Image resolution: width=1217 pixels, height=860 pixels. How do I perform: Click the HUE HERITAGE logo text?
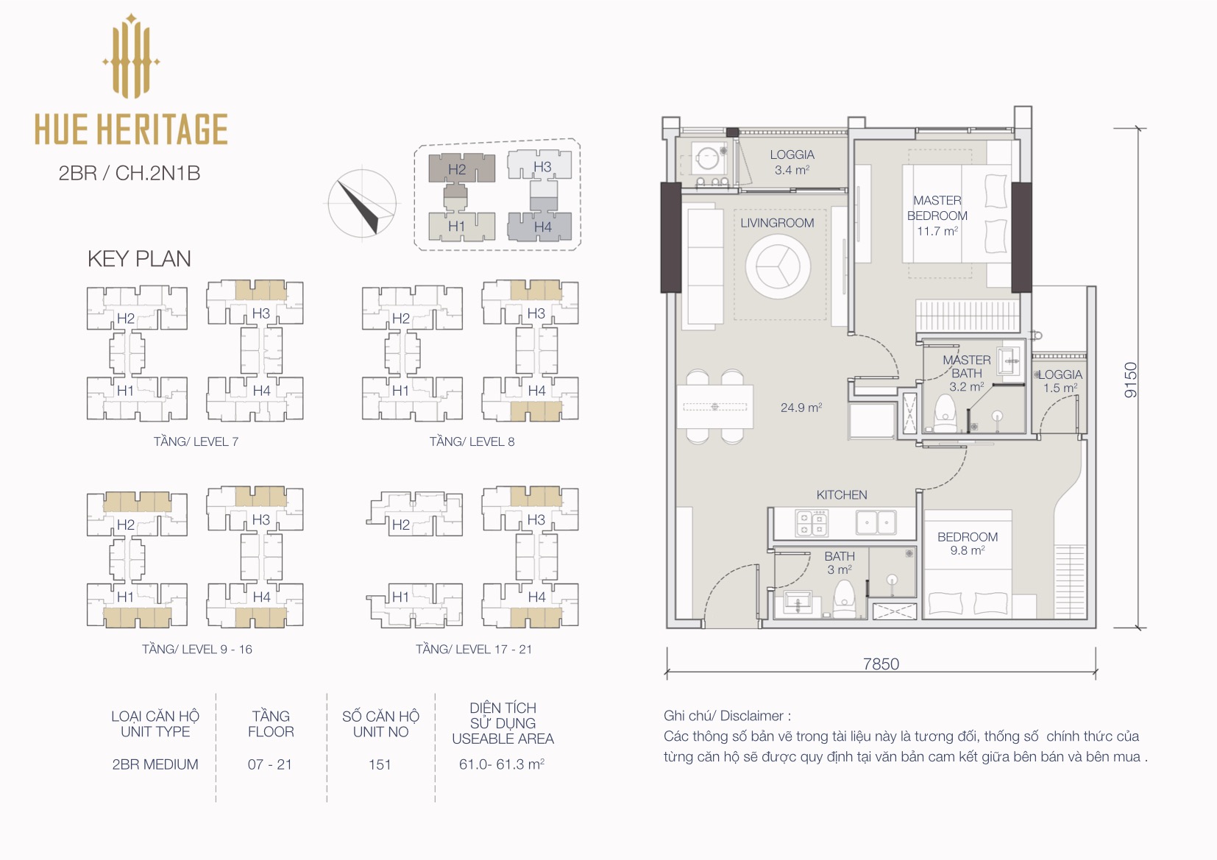tap(131, 129)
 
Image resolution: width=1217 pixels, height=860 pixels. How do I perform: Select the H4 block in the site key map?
tap(539, 227)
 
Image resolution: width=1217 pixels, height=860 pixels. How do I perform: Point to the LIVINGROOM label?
tap(777, 223)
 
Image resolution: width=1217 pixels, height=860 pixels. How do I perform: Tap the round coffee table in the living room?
tap(778, 267)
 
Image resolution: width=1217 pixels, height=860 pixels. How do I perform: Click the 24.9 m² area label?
tap(801, 408)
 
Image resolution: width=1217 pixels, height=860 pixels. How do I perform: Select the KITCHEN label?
tap(842, 495)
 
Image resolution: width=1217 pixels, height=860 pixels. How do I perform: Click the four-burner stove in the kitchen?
tap(812, 522)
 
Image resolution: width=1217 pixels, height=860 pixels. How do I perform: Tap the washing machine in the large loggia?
tap(706, 159)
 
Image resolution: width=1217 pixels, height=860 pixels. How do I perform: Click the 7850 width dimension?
tap(881, 664)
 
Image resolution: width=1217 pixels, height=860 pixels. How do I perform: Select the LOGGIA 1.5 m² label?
tap(1060, 381)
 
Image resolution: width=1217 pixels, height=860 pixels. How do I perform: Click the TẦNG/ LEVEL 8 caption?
tap(472, 441)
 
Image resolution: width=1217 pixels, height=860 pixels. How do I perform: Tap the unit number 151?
tap(380, 764)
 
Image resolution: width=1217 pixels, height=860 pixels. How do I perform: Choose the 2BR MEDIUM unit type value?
tap(155, 764)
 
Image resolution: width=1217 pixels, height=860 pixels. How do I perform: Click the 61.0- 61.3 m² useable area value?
tap(502, 764)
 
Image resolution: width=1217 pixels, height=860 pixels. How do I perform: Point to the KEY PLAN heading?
tap(139, 259)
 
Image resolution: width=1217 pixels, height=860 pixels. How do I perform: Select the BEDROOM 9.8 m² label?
tap(968, 543)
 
